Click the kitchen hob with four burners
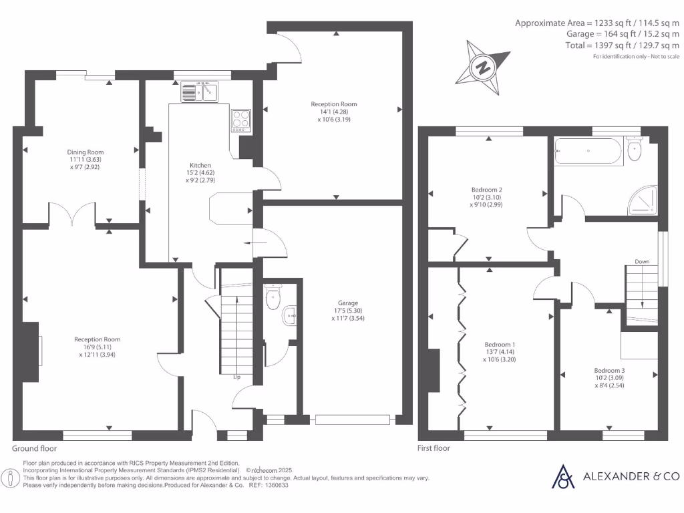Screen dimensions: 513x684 tap(240, 120)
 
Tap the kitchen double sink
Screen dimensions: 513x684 tap(200, 91)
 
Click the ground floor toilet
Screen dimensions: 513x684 tap(273, 297)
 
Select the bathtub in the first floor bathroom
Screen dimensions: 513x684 tap(588, 151)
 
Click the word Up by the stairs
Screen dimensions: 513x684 tap(236, 377)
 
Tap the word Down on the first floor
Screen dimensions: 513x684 tap(642, 261)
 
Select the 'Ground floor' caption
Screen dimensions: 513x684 tap(34, 448)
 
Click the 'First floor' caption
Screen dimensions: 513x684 tap(434, 448)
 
